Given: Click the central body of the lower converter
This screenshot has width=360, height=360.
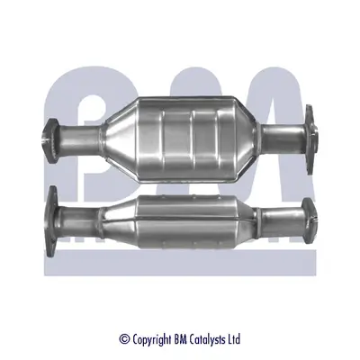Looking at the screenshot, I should pyautogui.click(x=184, y=217).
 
